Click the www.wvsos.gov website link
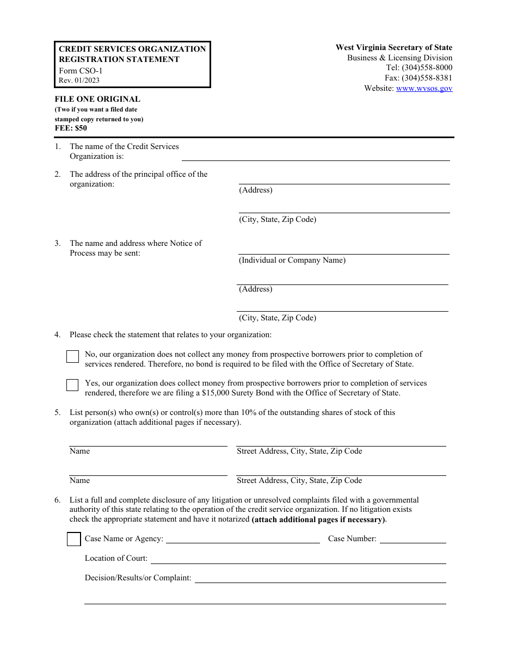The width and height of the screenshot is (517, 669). (424, 88)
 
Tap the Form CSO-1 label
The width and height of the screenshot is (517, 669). (81, 71)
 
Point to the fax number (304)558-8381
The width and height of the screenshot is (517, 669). (427, 78)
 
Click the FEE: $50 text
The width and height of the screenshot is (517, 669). (71, 128)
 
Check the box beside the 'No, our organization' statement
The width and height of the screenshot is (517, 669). (72, 357)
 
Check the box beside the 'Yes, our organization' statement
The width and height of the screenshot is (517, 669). (72, 385)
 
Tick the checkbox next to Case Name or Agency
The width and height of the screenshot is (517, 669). (73, 539)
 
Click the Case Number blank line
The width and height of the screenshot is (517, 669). (413, 540)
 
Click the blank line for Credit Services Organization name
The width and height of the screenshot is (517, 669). (316, 157)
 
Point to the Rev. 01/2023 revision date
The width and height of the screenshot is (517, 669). (79, 80)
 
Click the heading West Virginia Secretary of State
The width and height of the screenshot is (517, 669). (393, 48)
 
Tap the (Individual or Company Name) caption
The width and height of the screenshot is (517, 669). (292, 260)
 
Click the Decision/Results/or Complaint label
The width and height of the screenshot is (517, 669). (138, 578)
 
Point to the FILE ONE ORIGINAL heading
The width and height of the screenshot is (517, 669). (97, 99)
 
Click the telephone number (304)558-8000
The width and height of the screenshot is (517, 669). (427, 68)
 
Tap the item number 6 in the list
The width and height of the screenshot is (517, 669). (57, 500)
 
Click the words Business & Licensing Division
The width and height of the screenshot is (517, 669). (399, 58)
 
